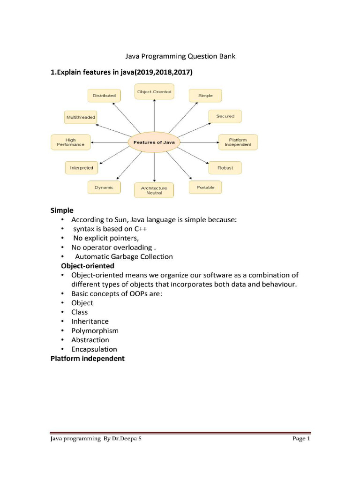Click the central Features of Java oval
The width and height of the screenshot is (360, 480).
[x=154, y=142]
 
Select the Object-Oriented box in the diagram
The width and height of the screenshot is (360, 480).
[x=154, y=92]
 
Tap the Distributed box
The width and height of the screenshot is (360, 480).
[x=104, y=96]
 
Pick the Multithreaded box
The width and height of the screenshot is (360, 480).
[x=81, y=117]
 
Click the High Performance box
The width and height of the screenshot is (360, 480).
[x=70, y=142]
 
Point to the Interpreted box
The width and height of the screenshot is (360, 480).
[x=82, y=167]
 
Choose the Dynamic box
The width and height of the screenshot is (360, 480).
[x=104, y=187]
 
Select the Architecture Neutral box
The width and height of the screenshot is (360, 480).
[x=154, y=190]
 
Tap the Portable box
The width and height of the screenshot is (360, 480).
[x=205, y=187]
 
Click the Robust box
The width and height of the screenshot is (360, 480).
[x=225, y=167]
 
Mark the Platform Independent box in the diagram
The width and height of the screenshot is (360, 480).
[x=238, y=142]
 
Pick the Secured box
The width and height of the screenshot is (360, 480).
[x=225, y=116]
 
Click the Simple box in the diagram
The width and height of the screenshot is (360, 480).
[x=205, y=96]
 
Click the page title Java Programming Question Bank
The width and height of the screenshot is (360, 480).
[x=180, y=57]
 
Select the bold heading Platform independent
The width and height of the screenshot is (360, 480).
[x=88, y=359]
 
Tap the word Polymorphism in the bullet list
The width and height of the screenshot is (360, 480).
[x=95, y=330]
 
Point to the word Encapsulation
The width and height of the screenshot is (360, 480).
[x=94, y=349]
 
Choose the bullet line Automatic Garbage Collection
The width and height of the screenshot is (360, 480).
[x=124, y=256]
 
